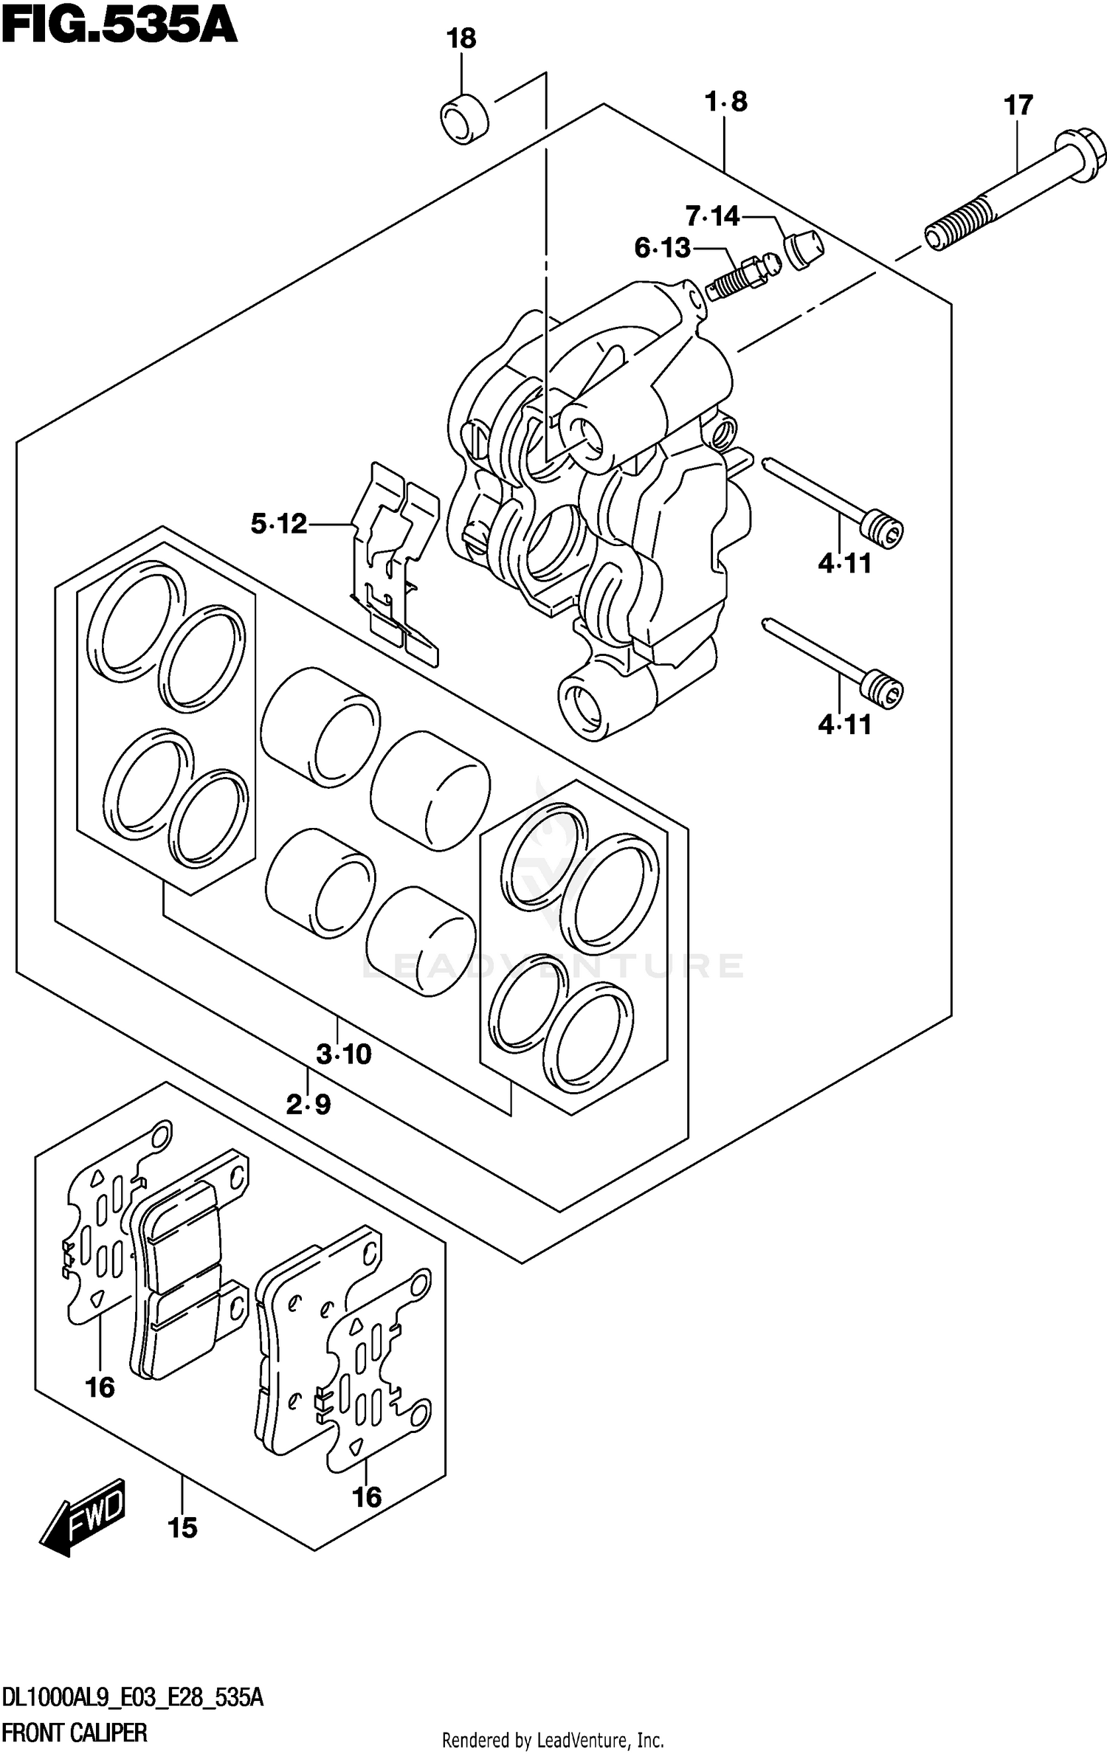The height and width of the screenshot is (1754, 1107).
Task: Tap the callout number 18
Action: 461,38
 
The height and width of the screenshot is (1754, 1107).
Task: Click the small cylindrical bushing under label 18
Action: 465,118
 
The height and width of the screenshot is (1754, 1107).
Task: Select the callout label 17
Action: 1018,106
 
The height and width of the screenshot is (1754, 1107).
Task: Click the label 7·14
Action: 712,216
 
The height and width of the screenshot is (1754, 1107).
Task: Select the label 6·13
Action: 662,248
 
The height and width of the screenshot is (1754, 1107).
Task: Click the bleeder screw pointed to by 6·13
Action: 742,277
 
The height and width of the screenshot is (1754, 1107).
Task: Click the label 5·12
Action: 278,524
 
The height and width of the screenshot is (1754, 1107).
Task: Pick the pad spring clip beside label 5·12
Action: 395,561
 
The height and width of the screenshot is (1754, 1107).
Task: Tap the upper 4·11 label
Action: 844,564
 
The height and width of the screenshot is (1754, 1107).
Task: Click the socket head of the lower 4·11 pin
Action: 883,688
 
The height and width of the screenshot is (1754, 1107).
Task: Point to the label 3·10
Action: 343,1054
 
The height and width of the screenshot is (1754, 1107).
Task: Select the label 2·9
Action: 308,1105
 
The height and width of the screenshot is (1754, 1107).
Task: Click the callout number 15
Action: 182,1527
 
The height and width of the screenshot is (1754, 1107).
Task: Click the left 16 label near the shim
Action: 100,1388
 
